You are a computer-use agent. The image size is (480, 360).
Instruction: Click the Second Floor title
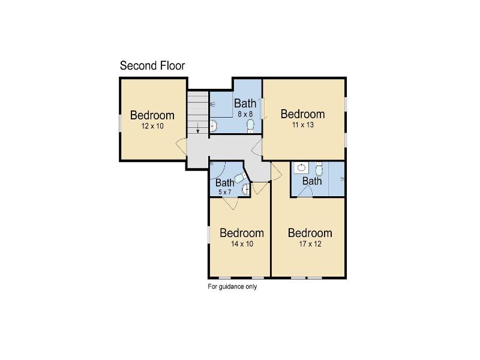(152, 65)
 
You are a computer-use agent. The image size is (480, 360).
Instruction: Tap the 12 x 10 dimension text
(152, 126)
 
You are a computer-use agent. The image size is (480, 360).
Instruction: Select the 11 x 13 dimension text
(303, 125)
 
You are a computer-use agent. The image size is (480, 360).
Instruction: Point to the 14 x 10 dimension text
(242, 244)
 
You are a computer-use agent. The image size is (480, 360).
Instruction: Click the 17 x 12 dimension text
(310, 244)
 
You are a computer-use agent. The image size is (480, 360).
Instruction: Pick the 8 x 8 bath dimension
(245, 114)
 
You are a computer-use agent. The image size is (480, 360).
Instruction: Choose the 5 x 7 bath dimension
(224, 192)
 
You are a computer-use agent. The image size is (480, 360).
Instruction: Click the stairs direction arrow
(198, 128)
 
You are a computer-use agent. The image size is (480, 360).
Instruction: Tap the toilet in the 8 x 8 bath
(250, 126)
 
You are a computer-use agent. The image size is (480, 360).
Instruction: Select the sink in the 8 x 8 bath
(214, 125)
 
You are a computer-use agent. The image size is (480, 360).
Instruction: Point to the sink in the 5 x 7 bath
(246, 190)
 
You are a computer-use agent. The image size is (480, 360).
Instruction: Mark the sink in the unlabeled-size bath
(302, 167)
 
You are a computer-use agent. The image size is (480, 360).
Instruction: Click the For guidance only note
(232, 287)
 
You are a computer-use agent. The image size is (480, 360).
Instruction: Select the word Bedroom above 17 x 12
(310, 233)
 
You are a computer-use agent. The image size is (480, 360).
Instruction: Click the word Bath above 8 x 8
(245, 103)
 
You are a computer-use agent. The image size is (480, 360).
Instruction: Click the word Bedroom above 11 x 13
(303, 114)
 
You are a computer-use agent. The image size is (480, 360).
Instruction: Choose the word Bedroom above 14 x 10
(242, 233)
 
